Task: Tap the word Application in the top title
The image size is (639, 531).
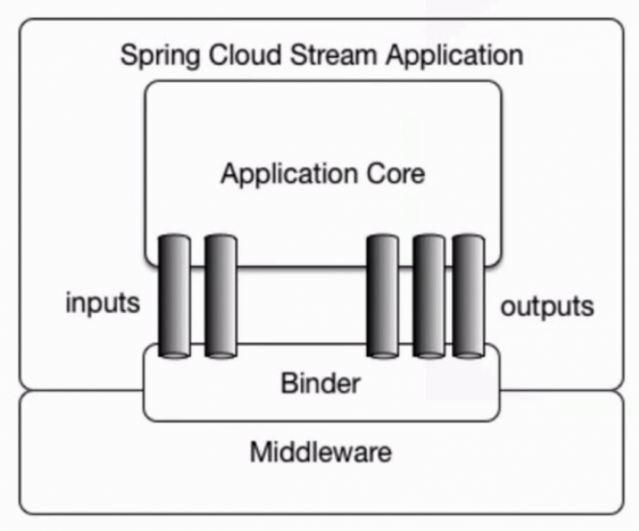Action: click(x=454, y=56)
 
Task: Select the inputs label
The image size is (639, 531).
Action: click(x=102, y=304)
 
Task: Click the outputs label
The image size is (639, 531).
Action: click(x=547, y=307)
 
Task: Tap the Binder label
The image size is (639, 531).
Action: click(x=320, y=383)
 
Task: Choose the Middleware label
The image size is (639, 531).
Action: click(x=320, y=452)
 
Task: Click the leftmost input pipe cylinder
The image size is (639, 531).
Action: click(x=174, y=297)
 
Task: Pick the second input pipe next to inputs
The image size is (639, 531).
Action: click(x=220, y=297)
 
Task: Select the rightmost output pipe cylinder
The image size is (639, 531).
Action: click(x=468, y=297)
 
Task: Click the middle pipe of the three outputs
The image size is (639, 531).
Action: click(x=429, y=297)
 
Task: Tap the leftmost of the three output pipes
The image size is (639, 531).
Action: click(x=383, y=297)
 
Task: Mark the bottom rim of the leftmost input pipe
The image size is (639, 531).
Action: click(x=174, y=353)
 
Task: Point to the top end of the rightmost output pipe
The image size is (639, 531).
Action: click(x=468, y=240)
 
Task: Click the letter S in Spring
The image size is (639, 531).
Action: click(x=127, y=54)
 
